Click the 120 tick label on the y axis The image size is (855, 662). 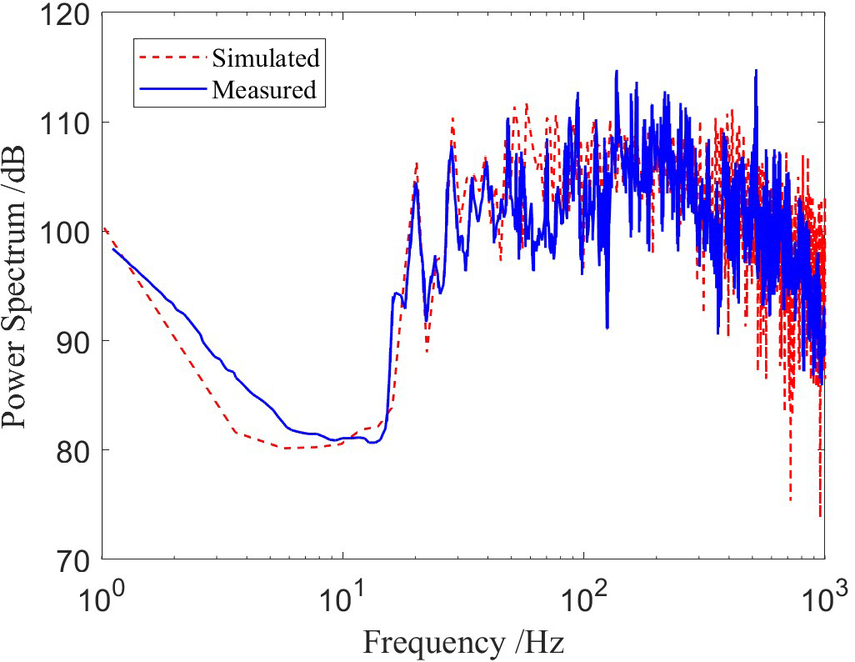point(69,14)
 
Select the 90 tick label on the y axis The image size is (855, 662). point(75,341)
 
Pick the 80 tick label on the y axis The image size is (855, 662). point(75,450)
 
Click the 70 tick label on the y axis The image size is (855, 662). point(75,559)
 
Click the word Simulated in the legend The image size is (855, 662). point(265,58)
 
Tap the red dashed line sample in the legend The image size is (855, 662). point(172,58)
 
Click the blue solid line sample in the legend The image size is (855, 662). point(172,89)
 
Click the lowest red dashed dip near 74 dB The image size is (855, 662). point(820,516)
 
